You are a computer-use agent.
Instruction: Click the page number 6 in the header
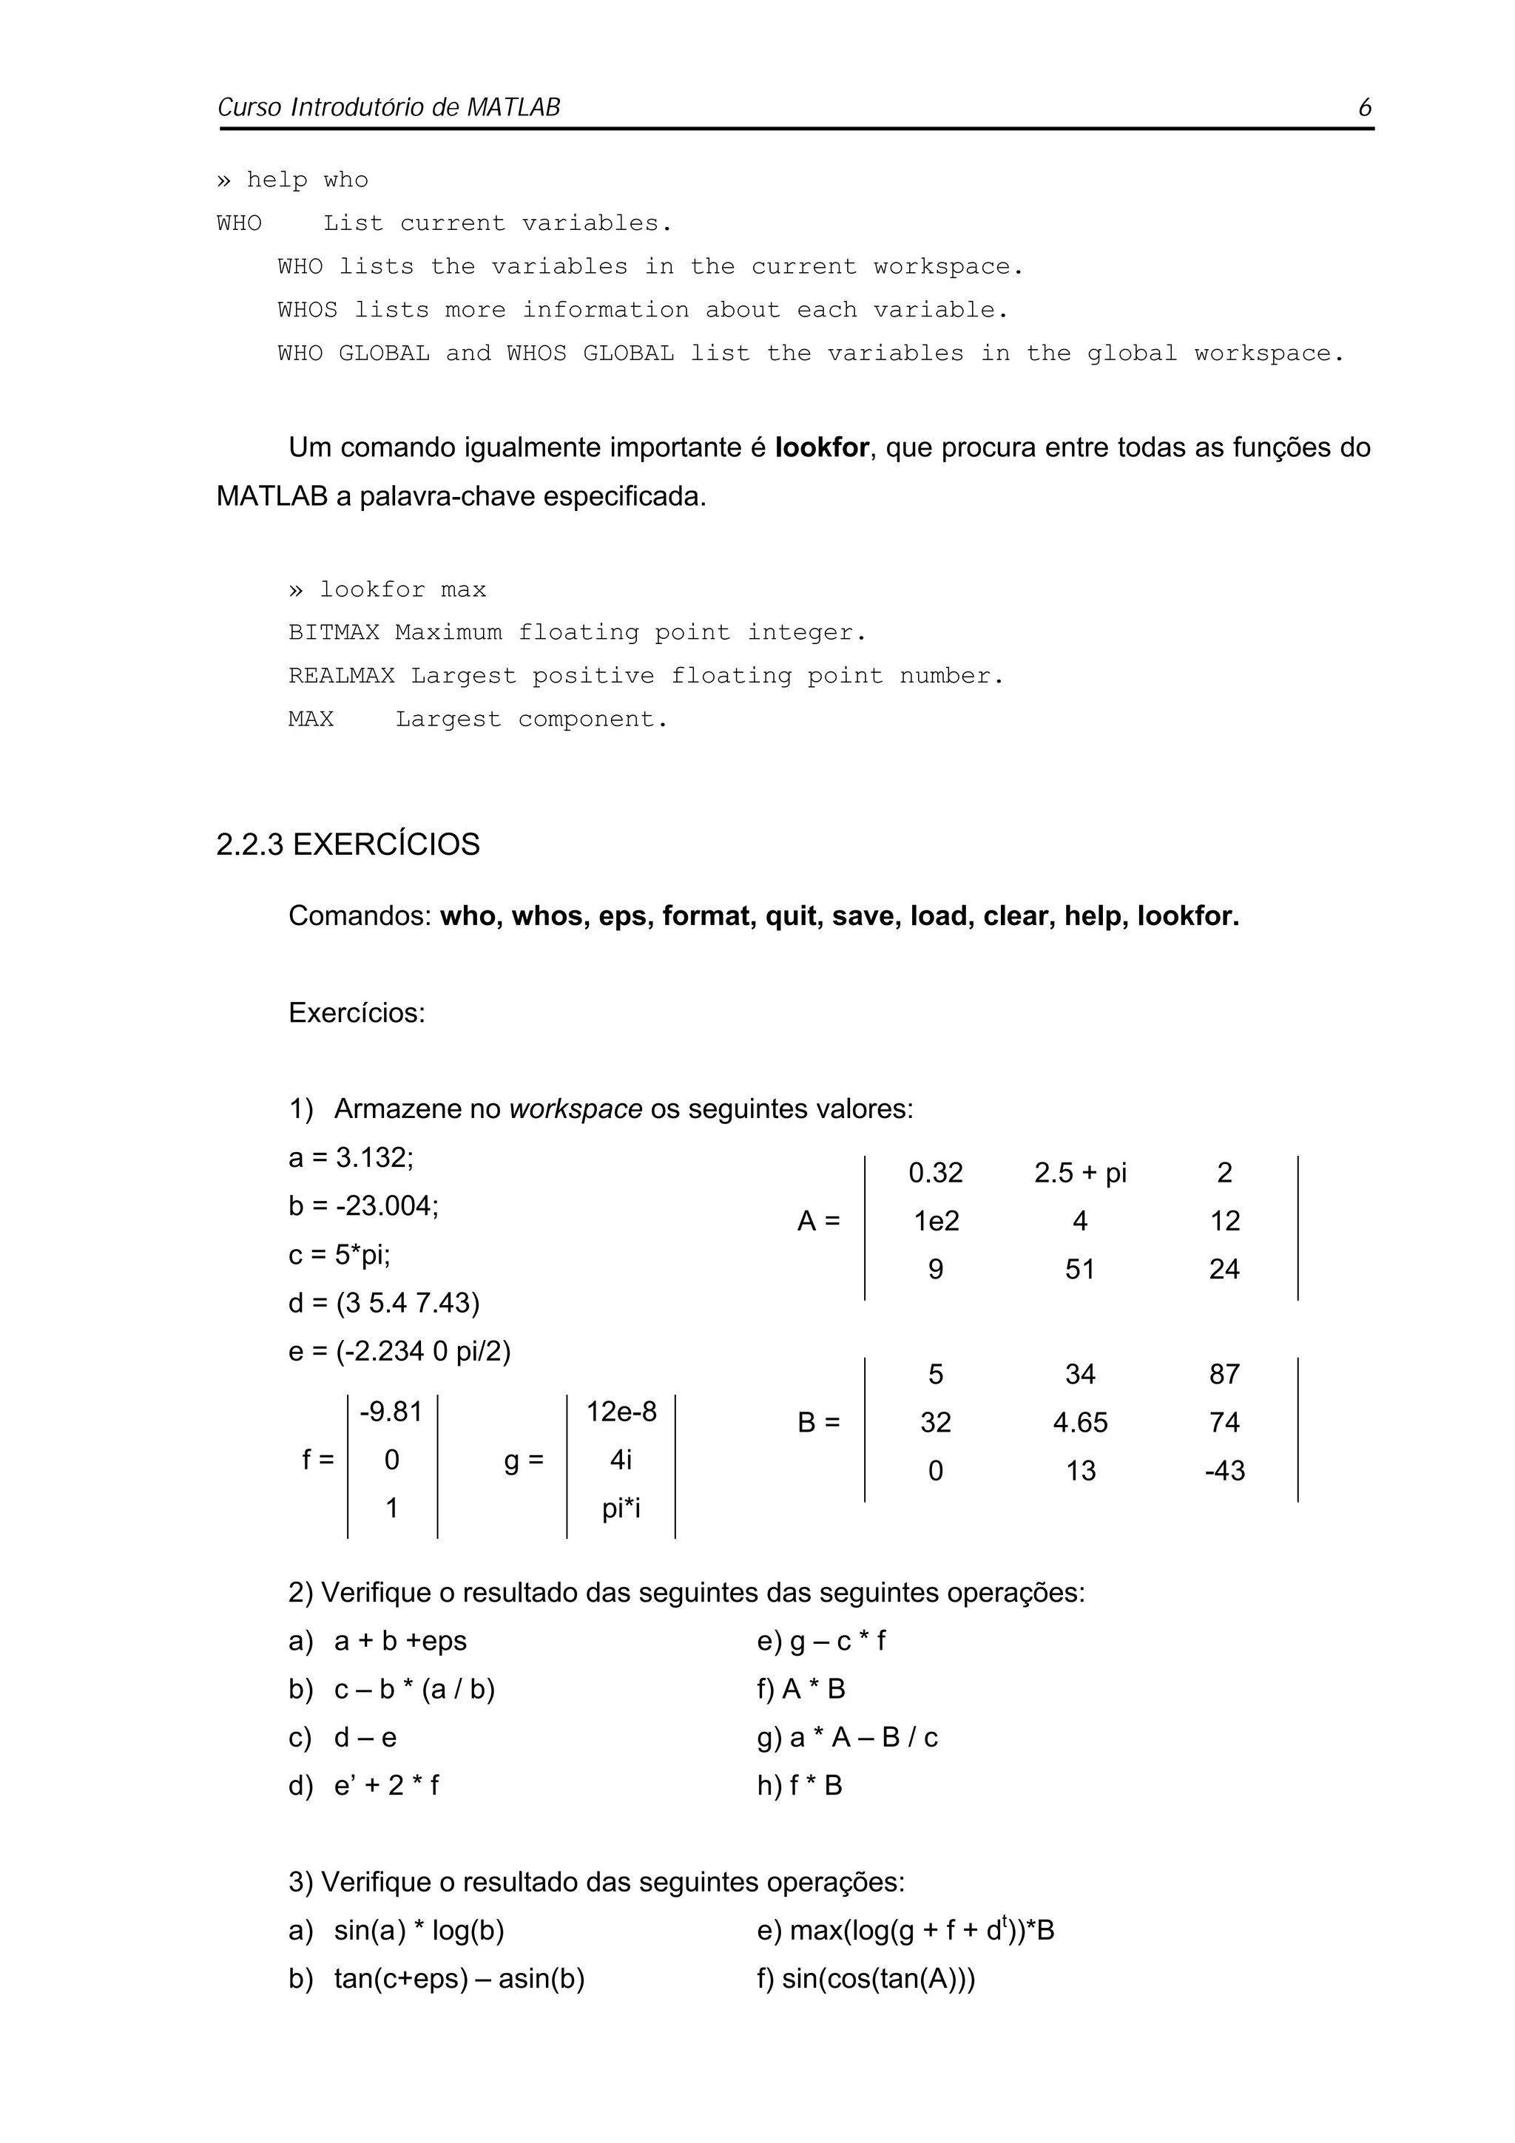[1364, 107]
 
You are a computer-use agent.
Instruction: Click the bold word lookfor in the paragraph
[820, 448]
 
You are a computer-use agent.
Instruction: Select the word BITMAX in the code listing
[333, 633]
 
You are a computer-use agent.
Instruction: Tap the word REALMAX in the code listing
[341, 676]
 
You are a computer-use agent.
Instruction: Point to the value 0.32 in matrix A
[934, 1172]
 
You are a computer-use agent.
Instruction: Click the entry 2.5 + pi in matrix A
[1079, 1172]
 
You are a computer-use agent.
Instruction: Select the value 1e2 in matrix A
[935, 1221]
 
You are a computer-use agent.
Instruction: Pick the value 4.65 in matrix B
[1079, 1423]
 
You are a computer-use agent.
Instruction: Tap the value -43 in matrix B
[1224, 1471]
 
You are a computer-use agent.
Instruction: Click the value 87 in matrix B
[1224, 1374]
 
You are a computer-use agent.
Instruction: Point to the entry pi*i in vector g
[621, 1509]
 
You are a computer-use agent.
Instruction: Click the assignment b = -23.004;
[363, 1206]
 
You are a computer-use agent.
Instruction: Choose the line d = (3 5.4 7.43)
[384, 1303]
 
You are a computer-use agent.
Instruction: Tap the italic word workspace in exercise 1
[575, 1108]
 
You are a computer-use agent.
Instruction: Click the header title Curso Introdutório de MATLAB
[388, 107]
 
